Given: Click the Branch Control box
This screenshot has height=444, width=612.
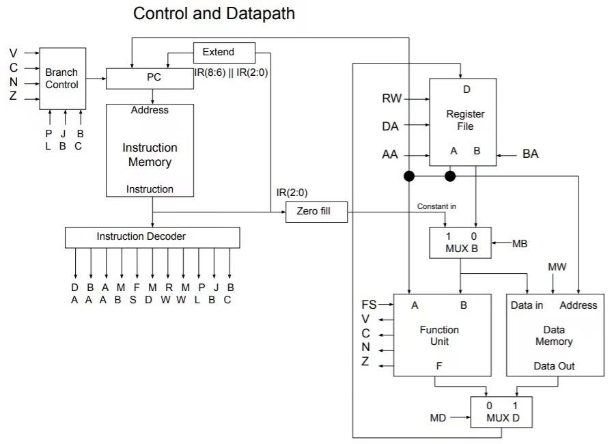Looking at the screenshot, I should (x=62, y=79).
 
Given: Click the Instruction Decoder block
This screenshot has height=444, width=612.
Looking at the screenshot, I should (x=152, y=237).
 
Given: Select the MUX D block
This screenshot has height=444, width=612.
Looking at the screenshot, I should (x=501, y=412).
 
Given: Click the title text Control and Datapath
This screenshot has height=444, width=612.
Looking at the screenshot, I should (x=214, y=14).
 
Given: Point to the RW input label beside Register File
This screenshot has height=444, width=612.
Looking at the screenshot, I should (x=391, y=99).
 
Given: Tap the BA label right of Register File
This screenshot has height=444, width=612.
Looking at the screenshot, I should (x=530, y=154).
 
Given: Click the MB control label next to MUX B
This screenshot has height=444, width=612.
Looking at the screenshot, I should (x=520, y=243).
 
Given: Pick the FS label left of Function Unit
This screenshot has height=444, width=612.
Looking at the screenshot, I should (x=369, y=305).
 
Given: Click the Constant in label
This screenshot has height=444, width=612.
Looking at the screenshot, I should (x=438, y=206).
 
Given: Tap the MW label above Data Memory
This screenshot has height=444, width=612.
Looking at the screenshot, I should (x=557, y=266).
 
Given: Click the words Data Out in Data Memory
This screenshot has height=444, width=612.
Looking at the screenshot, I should (x=554, y=366).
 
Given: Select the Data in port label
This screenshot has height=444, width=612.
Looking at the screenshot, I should (x=527, y=305).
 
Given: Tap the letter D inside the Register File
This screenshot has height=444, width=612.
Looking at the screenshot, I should (x=467, y=89).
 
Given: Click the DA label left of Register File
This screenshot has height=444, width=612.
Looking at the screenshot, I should (x=390, y=126).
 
